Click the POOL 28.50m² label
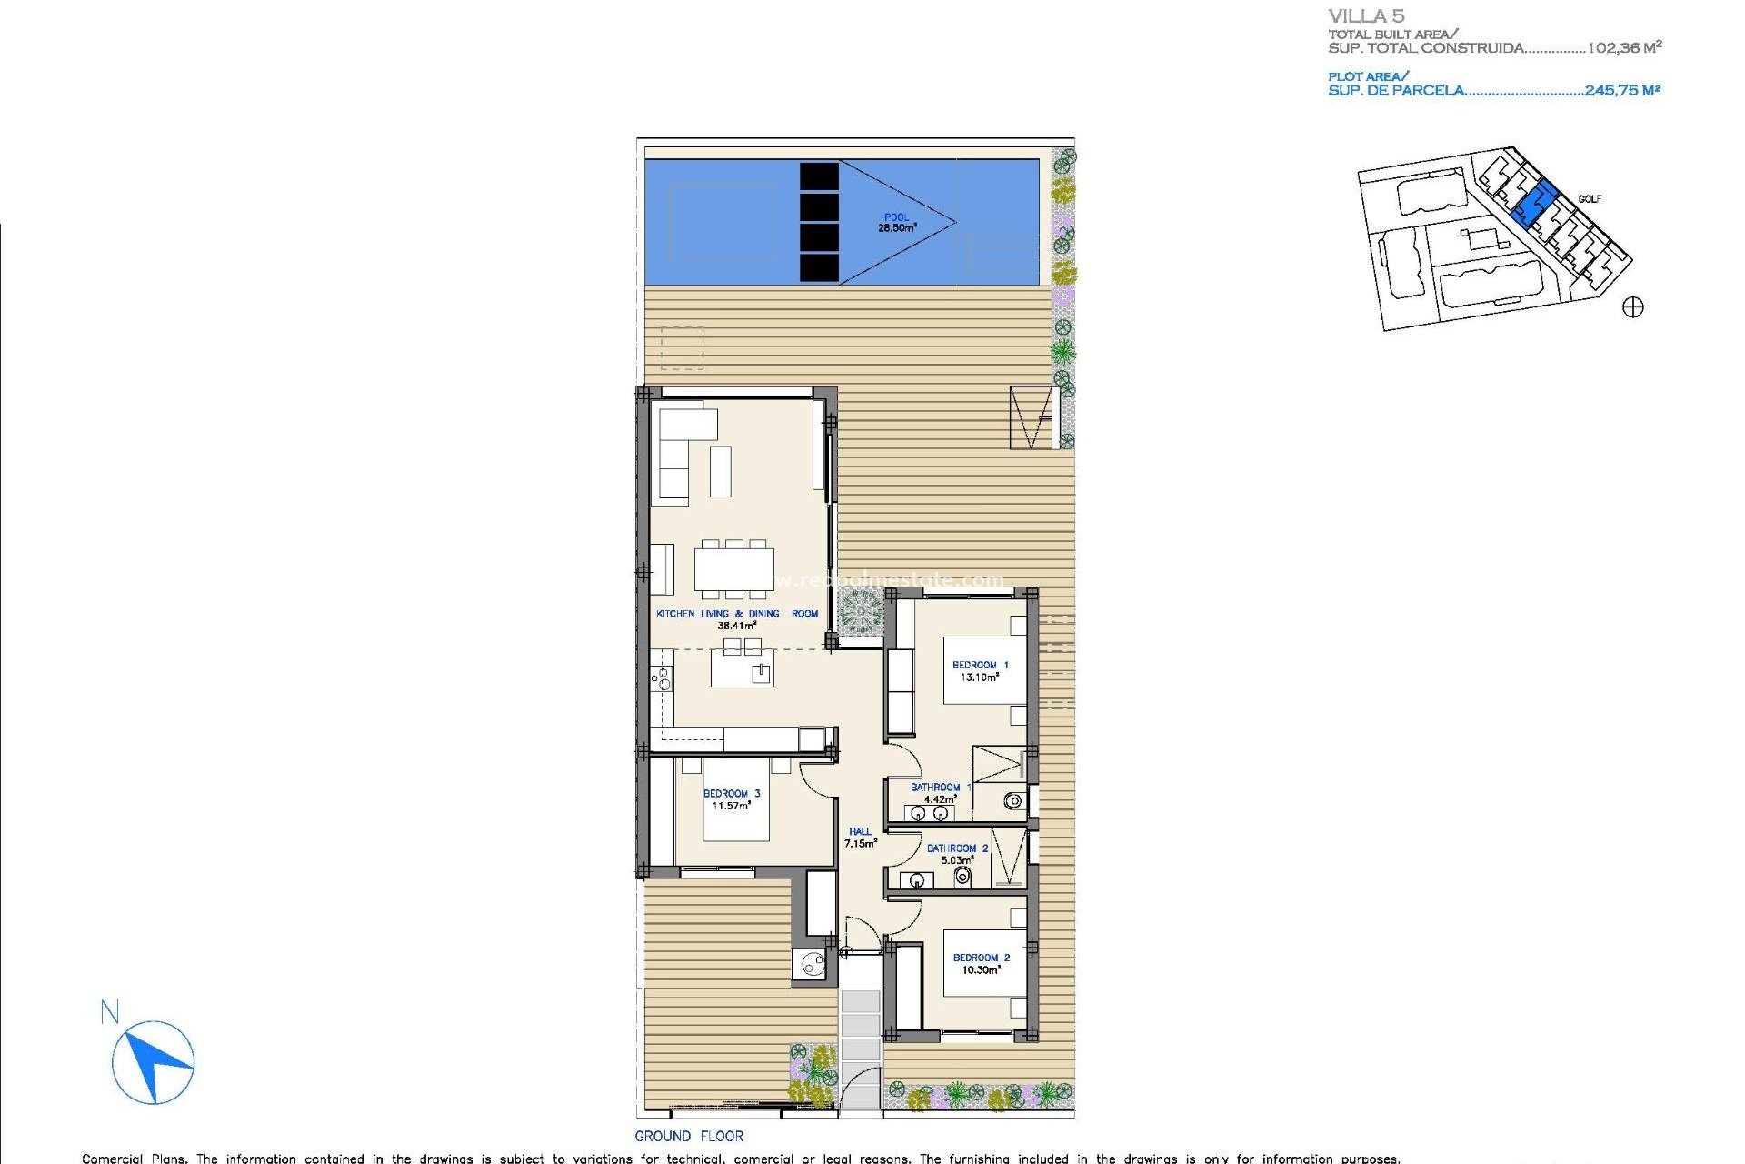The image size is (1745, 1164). click(896, 223)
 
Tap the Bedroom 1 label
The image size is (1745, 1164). click(980, 671)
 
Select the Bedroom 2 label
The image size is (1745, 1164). click(981, 964)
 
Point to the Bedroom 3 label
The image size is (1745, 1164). click(732, 799)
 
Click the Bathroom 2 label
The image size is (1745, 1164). click(957, 854)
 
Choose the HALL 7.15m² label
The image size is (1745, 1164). click(860, 838)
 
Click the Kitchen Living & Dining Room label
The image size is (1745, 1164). click(737, 619)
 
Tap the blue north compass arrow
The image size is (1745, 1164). click(154, 1061)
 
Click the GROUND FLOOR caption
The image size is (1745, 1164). click(689, 1136)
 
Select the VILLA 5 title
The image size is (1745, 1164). click(1366, 16)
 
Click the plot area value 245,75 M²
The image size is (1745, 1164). click(1622, 90)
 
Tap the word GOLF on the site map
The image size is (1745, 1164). click(1590, 199)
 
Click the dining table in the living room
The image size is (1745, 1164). click(734, 569)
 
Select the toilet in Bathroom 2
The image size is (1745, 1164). click(962, 877)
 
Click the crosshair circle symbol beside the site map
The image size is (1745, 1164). click(1633, 307)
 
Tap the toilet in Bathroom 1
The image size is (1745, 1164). click(1013, 801)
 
